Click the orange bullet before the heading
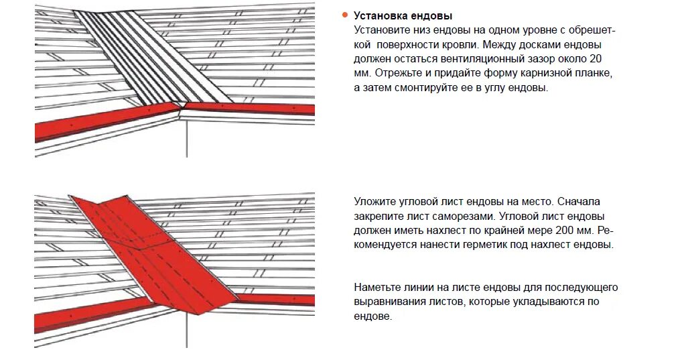(344, 15)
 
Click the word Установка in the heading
(379, 15)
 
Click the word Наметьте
(378, 288)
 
